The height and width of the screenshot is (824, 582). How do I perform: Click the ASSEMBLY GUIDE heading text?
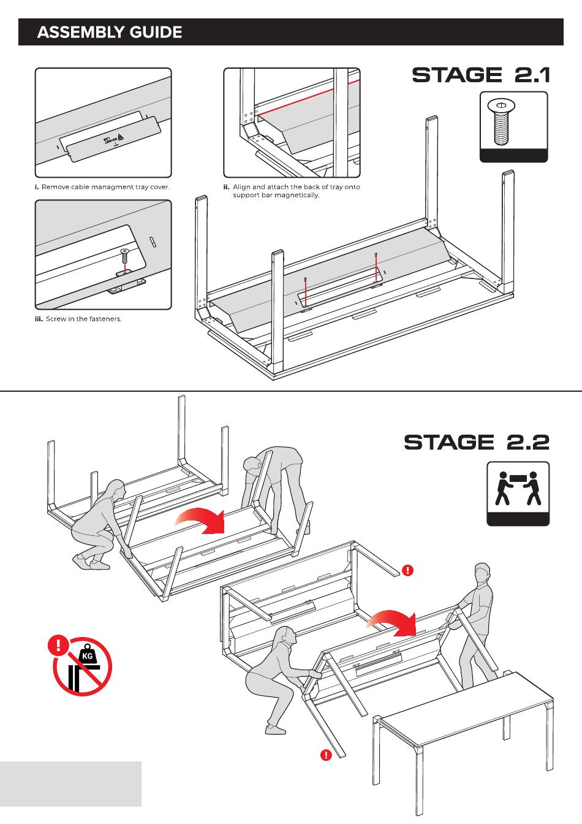[x=110, y=32]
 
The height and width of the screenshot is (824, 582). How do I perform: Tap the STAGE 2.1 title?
[x=481, y=75]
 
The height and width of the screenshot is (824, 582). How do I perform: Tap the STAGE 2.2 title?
[x=477, y=442]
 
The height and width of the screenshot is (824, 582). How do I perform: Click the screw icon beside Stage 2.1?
[x=502, y=122]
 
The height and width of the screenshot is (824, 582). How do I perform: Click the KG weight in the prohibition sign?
[x=88, y=655]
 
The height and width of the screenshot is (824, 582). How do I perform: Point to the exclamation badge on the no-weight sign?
[x=58, y=645]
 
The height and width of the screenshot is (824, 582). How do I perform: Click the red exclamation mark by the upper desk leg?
[x=407, y=570]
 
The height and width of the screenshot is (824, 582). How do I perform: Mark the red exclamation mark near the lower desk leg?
[x=326, y=755]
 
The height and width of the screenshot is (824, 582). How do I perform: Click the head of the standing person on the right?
[x=483, y=574]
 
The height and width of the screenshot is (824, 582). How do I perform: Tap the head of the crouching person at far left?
[x=116, y=490]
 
